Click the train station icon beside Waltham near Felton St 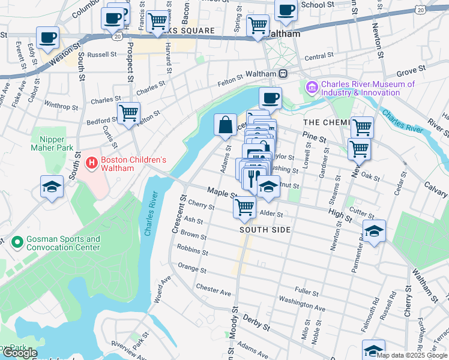click(282, 73)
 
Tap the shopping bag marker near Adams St click(225, 125)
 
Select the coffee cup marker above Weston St click(47, 38)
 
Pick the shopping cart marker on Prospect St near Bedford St click(128, 112)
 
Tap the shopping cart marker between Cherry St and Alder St click(244, 207)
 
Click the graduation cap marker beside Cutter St click(375, 231)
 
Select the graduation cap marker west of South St click(52, 187)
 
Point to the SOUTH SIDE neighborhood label click(265, 230)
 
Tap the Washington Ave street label click(302, 303)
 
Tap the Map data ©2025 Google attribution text click(411, 355)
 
